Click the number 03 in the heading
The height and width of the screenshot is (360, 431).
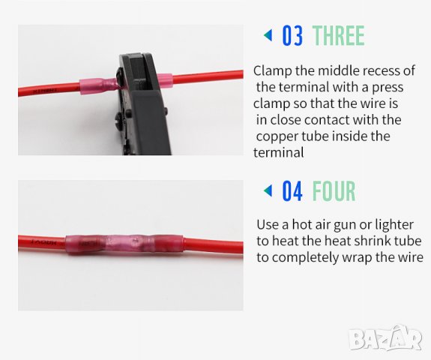coord(292,35)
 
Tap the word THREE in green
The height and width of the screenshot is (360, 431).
coord(339,35)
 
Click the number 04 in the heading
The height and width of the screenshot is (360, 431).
coord(292,190)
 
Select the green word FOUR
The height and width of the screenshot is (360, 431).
coord(334,190)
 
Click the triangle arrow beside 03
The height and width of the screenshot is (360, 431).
coord(268,35)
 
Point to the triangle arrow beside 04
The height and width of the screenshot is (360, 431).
coord(268,190)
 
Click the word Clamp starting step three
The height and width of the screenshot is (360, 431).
coord(273,71)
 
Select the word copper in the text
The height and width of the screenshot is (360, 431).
coord(277,137)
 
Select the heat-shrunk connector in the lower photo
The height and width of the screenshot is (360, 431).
coord(124,244)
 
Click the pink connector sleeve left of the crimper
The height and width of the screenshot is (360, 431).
coord(98,85)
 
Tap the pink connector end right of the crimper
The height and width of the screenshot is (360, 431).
coord(165,80)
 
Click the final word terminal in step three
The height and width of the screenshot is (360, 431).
coord(278,153)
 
